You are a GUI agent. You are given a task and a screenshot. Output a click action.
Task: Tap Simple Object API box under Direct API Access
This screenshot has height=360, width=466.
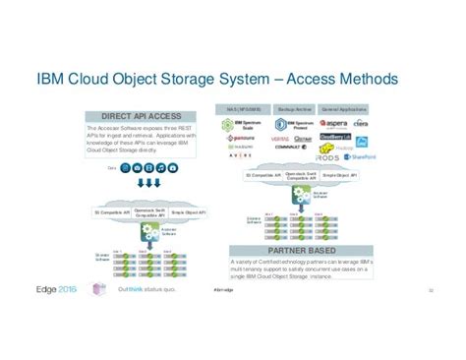(x=188, y=210)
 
